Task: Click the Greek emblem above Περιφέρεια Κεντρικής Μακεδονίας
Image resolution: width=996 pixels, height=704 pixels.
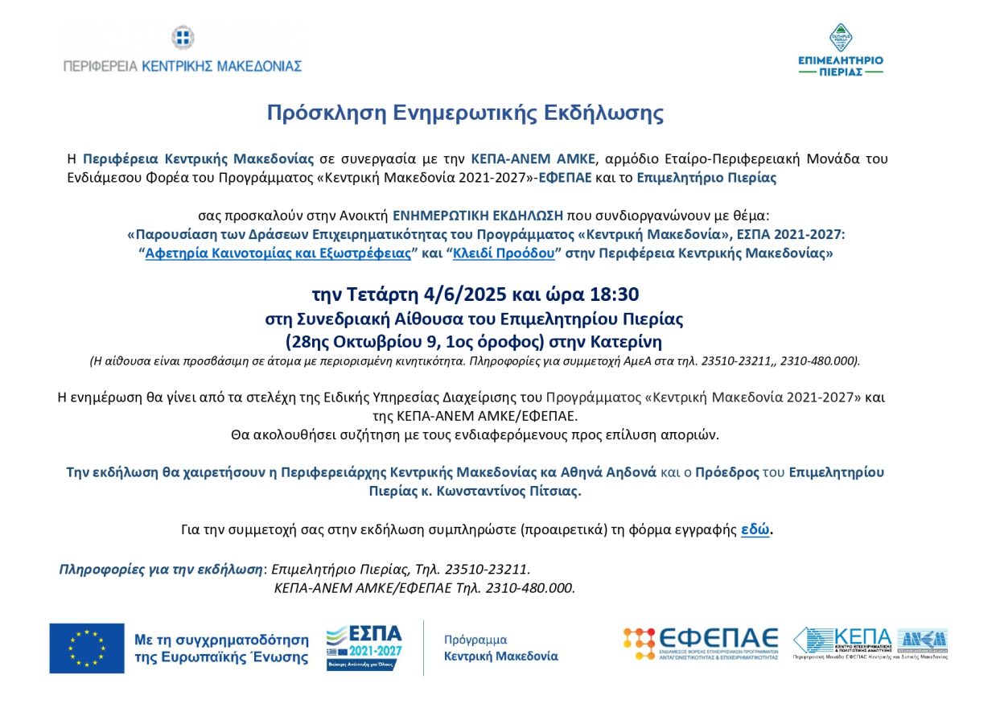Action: click(x=183, y=37)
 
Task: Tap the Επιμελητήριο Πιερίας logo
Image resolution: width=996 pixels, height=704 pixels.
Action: click(x=840, y=50)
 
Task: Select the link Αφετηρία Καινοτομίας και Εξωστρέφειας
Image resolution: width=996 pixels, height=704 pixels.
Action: click(x=278, y=253)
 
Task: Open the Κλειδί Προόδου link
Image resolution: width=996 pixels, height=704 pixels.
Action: click(x=504, y=253)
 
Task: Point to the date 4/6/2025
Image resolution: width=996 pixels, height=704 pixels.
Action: click(x=456, y=294)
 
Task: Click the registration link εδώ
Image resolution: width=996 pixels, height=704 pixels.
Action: click(x=755, y=529)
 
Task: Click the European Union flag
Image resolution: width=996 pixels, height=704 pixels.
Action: click(x=87, y=648)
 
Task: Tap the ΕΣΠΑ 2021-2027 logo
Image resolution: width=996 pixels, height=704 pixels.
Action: click(x=364, y=647)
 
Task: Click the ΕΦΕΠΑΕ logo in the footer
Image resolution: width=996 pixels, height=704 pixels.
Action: click(x=701, y=643)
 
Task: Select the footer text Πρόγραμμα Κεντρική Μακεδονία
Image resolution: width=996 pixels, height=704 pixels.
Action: click(x=500, y=648)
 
